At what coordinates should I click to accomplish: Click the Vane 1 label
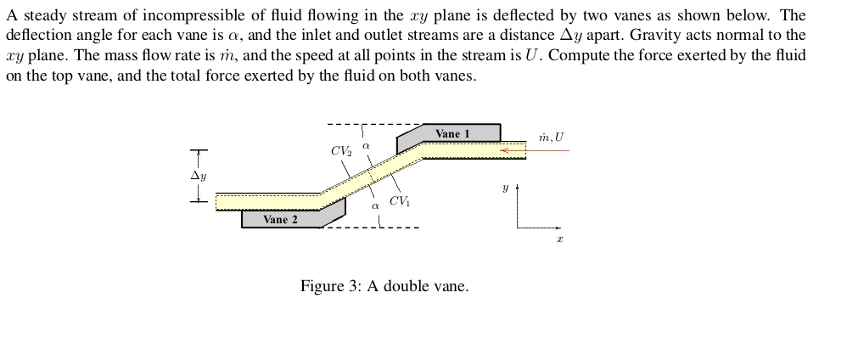[x=452, y=133]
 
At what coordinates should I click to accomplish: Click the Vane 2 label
[x=280, y=219]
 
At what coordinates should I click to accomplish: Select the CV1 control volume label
[x=399, y=201]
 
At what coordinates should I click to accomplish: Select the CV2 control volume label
[x=341, y=151]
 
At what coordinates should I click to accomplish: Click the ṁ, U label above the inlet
[x=551, y=137]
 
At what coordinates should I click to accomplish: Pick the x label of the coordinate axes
[x=559, y=240]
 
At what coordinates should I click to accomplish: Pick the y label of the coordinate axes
[x=504, y=188]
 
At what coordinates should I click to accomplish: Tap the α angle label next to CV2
[x=366, y=147]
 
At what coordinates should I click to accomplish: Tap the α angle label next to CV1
[x=374, y=205]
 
